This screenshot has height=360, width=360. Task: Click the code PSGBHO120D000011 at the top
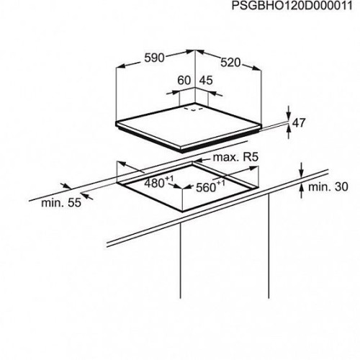coord(292,6)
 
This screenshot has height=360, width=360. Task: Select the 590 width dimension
coord(155,58)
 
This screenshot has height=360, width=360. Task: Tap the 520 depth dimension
coord(230,63)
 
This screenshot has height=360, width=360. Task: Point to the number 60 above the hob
coord(184,80)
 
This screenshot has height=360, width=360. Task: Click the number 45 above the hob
coord(206,80)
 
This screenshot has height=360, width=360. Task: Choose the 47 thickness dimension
coord(299,122)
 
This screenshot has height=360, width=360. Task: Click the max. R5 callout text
coord(235,157)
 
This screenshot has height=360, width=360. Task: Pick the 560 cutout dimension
coord(210,186)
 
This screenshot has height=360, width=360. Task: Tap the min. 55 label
coord(61,203)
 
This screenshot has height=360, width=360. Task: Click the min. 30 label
coord(328,186)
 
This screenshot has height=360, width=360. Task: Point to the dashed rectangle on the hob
coord(193,109)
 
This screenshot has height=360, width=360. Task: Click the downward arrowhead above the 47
coord(289,117)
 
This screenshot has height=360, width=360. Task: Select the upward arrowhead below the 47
coord(289,130)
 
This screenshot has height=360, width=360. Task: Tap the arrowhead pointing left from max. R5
coord(198,160)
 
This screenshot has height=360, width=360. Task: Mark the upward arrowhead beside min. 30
coord(302,189)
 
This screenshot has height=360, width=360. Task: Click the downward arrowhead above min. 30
coord(302,173)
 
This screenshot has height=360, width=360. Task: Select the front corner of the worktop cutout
coord(182,212)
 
